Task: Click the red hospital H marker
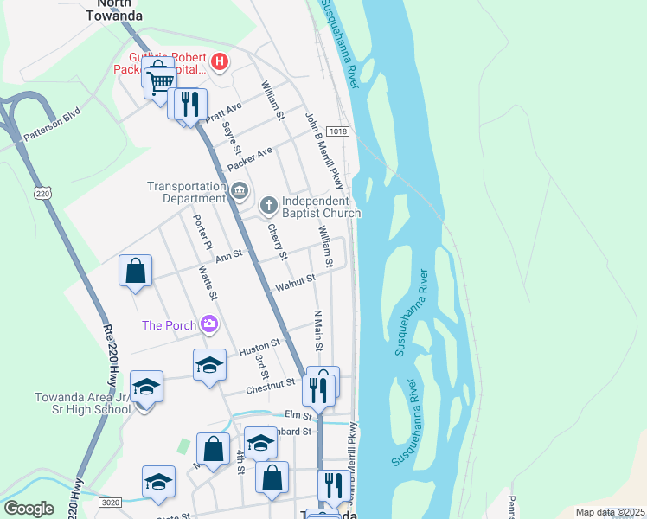[220, 62]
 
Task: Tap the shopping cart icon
[159, 83]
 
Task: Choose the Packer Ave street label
[250, 158]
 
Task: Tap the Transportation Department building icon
[240, 190]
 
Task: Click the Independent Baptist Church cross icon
[269, 205]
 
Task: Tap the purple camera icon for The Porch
[208, 325]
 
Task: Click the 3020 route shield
[111, 502]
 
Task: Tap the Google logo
[29, 509]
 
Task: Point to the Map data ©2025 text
[609, 512]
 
